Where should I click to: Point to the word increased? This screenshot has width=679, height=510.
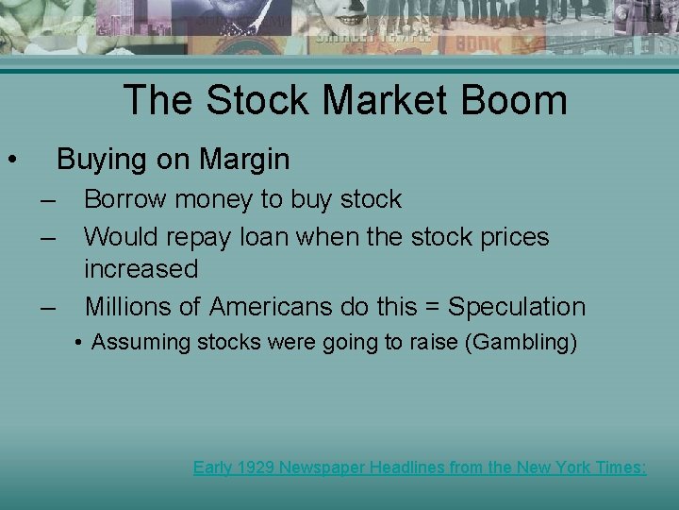point(141,269)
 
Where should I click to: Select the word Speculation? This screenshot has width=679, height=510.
point(517,307)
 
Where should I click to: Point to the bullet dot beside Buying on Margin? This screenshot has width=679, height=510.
point(10,159)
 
